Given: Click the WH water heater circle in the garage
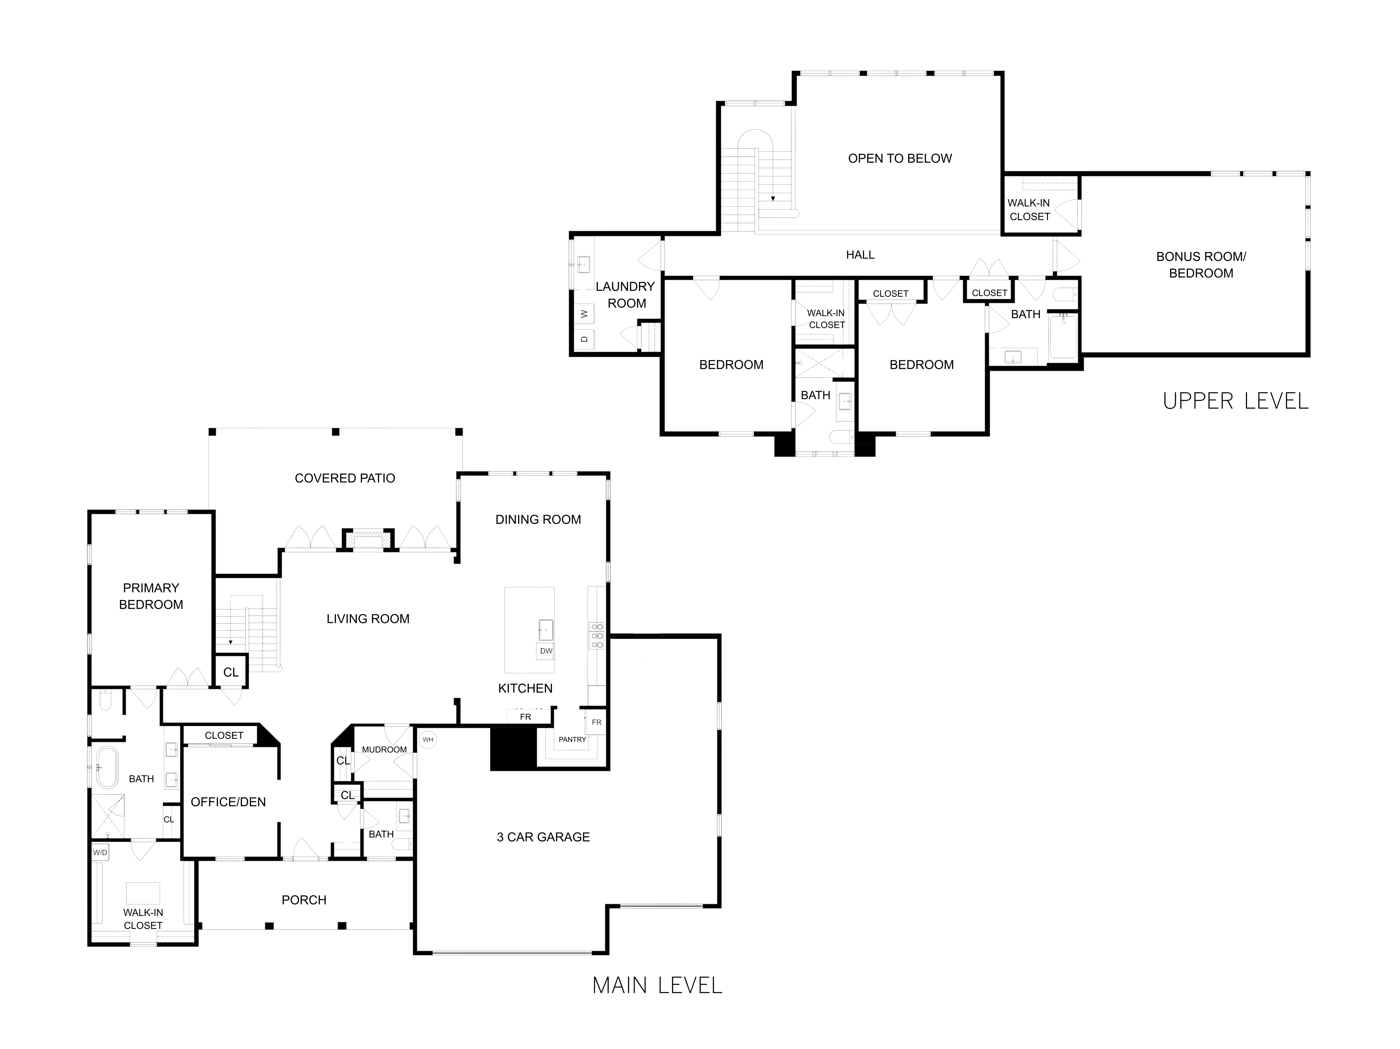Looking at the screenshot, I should click(428, 739).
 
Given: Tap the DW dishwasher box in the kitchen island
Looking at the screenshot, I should click(546, 651).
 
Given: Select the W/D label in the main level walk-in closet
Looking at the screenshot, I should click(100, 853).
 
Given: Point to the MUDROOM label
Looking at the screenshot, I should click(384, 750).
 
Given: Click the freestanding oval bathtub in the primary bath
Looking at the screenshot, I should click(107, 767).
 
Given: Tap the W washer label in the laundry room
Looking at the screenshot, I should click(584, 313).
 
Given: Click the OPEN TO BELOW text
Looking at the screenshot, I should click(899, 158).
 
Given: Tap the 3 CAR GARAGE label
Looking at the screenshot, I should click(543, 837).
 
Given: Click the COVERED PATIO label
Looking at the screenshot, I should click(345, 478).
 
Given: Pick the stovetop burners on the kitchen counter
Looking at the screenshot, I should click(596, 636).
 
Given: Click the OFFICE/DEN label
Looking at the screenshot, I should click(228, 802).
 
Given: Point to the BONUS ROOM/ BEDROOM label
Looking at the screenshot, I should click(1201, 265).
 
